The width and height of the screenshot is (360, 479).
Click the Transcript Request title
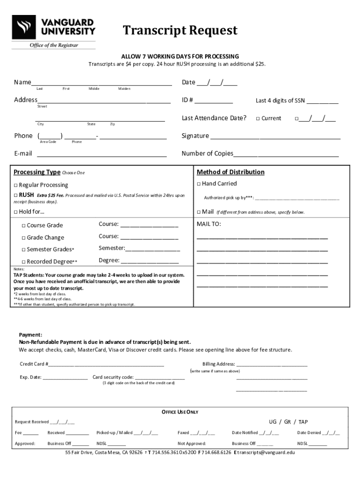(x=180, y=31)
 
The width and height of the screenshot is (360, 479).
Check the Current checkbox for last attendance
(x=258, y=119)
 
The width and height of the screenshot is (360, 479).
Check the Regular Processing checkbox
(x=16, y=185)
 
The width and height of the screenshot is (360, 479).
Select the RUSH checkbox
(x=16, y=195)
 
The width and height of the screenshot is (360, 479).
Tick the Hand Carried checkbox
(x=199, y=184)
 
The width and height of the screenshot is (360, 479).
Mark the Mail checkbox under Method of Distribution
(x=199, y=212)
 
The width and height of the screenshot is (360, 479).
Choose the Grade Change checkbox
(x=24, y=238)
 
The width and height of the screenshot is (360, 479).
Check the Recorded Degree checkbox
(x=24, y=262)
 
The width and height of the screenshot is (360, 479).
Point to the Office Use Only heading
(x=180, y=412)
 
